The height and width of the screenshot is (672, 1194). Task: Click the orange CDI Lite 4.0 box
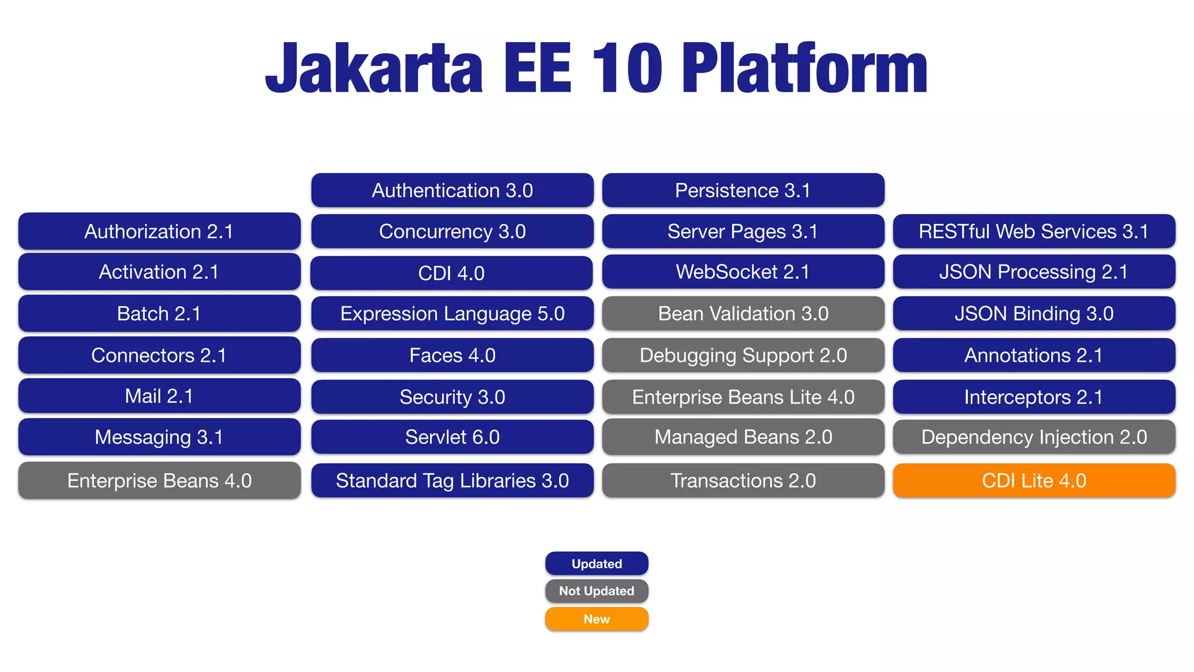click(1034, 481)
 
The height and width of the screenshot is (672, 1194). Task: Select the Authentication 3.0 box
click(452, 190)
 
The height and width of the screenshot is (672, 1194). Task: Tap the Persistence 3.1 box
click(743, 190)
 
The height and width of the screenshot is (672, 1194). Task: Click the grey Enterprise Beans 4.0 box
click(159, 481)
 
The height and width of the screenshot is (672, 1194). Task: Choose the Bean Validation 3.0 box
click(743, 314)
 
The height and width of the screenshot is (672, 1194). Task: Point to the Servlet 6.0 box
click(452, 437)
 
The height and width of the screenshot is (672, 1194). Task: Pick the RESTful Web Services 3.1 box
click(1034, 232)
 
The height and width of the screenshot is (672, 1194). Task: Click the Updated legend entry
click(596, 563)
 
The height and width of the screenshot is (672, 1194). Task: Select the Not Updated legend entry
click(596, 591)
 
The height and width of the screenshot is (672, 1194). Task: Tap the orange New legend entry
click(596, 619)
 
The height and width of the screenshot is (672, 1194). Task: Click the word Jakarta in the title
click(374, 69)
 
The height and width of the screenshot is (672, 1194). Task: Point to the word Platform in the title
click(805, 69)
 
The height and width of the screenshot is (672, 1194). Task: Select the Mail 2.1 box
click(159, 396)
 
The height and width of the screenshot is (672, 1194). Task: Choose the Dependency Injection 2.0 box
click(1034, 437)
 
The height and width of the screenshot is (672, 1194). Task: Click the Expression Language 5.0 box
click(452, 314)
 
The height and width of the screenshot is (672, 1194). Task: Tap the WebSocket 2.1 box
click(743, 272)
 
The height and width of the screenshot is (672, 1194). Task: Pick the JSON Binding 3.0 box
click(1034, 314)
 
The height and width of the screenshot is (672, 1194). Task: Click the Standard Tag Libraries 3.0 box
click(452, 481)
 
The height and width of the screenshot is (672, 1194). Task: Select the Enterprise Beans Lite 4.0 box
click(743, 397)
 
